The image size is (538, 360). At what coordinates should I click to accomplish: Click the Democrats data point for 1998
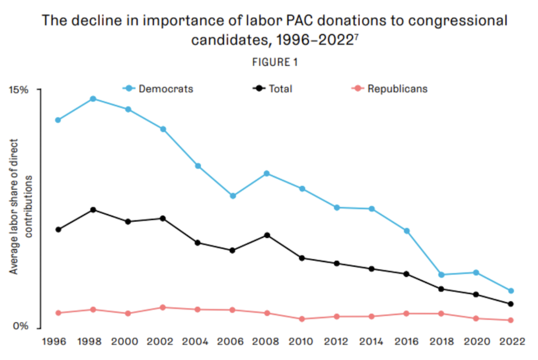[x=93, y=99]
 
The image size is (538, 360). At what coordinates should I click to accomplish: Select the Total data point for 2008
[x=267, y=235]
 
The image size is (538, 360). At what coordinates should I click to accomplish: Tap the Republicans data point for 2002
[x=163, y=307]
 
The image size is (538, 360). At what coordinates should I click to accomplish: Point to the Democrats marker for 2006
[x=232, y=196]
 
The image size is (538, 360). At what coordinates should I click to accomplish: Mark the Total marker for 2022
[x=511, y=304]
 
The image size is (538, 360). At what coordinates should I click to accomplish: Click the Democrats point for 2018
[x=442, y=274]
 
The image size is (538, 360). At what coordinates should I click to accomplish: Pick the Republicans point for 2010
[x=302, y=319]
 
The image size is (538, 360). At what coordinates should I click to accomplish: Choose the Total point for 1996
[x=58, y=229]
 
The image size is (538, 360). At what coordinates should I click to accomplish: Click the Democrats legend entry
[x=158, y=89]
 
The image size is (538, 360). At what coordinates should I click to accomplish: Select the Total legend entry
[x=272, y=89]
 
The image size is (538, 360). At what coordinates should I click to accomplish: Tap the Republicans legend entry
[x=390, y=89]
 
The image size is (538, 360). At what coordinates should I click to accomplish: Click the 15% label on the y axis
[x=18, y=90]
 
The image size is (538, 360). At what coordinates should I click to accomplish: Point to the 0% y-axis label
[x=20, y=326]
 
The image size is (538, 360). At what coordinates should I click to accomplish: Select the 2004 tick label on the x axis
[x=195, y=342]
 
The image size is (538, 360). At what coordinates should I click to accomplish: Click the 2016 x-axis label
[x=407, y=342]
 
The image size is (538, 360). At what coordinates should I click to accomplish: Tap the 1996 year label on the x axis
[x=54, y=342]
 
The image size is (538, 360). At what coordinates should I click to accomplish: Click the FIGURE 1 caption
[x=275, y=62]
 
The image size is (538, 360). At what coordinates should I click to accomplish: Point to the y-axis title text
[x=20, y=207]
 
